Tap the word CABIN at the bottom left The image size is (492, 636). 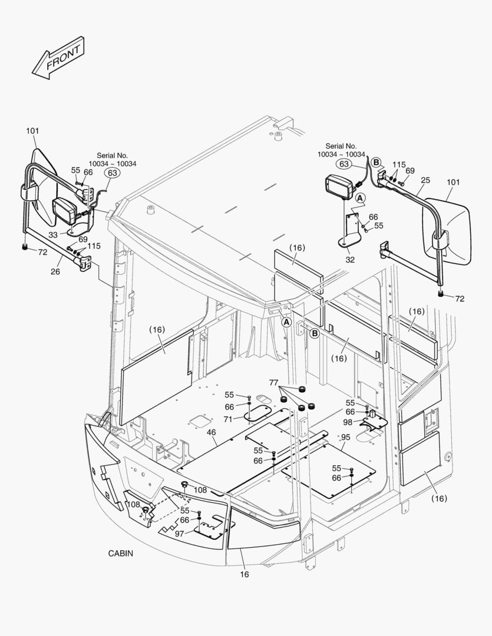pyautogui.click(x=120, y=554)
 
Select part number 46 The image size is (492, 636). pyautogui.click(x=212, y=432)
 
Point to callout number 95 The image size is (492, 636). pyautogui.click(x=346, y=437)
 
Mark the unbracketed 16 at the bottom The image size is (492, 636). pyautogui.click(x=245, y=574)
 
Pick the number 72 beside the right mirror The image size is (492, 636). pyautogui.click(x=460, y=299)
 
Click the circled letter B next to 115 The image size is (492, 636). pyautogui.click(x=377, y=162)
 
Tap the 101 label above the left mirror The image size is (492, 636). pyautogui.click(x=32, y=131)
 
